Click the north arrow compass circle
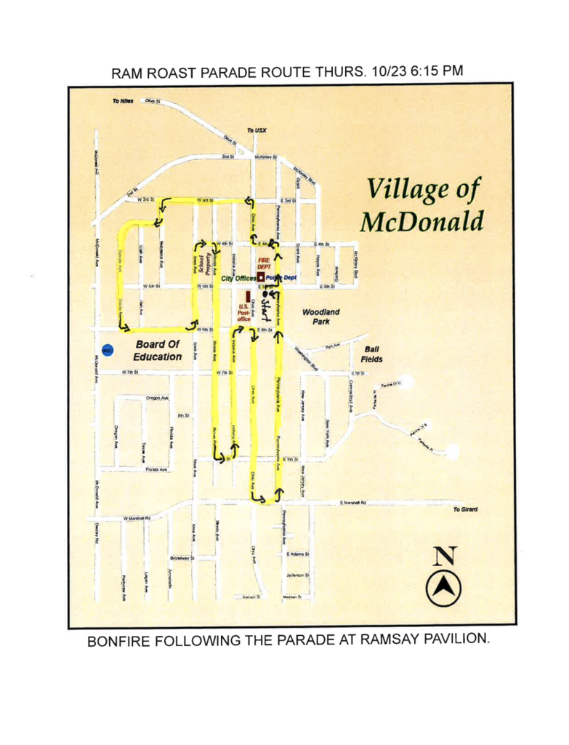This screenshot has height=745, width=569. [443, 586]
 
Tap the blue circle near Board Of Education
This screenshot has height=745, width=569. [108, 351]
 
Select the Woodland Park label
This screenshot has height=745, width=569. [320, 316]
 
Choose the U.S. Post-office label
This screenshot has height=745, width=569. [244, 312]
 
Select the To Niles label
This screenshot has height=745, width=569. [122, 100]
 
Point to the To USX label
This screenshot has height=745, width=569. [257, 131]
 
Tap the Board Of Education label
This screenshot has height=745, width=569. [158, 350]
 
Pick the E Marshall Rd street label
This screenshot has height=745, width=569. [353, 503]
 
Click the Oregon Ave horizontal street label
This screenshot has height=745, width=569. [158, 398]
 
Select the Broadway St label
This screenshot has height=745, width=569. [182, 558]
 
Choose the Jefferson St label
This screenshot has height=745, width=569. [299, 575]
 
